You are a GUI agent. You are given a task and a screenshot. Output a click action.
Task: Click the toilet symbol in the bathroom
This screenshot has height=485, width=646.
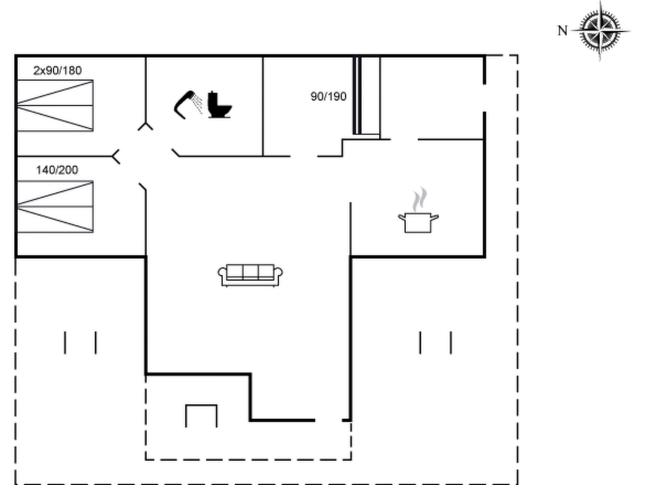tap(219, 105)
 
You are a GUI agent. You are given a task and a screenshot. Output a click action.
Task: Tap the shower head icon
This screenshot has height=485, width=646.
tap(184, 104)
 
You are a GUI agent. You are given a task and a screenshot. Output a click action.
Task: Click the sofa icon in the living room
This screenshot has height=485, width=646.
tap(250, 275)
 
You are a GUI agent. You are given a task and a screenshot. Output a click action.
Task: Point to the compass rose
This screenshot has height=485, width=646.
tap(600, 31)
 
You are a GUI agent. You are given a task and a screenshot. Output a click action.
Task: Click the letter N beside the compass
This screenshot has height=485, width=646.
tap(562, 31)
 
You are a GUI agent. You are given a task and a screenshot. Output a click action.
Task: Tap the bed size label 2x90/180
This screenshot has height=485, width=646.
tap(57, 70)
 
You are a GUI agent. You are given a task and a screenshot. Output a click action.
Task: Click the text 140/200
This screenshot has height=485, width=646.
tap(57, 170)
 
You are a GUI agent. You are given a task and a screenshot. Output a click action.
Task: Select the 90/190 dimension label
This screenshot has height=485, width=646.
tap(328, 96)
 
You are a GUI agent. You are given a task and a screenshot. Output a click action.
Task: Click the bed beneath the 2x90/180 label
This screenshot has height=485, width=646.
tap(55, 106)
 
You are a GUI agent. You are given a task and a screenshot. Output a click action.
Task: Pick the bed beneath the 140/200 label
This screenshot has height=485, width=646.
tap(55, 207)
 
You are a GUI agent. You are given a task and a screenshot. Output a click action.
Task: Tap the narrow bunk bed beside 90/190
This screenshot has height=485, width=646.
tap(366, 96)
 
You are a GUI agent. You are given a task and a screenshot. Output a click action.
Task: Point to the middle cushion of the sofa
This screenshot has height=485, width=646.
tap(250, 272)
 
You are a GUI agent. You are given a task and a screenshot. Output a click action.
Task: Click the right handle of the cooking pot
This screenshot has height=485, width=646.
tap(434, 217)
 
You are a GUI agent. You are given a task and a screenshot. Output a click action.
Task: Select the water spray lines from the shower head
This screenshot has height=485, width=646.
tap(198, 103)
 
